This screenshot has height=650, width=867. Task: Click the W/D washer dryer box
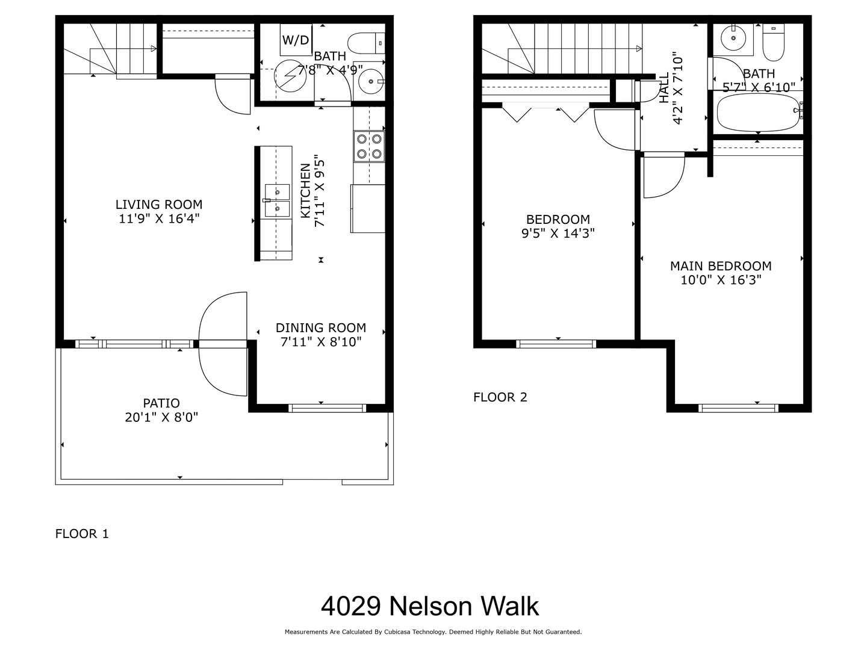tap(296, 40)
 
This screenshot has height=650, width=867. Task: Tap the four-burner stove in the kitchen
tap(369, 146)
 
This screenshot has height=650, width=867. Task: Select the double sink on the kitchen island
tap(277, 200)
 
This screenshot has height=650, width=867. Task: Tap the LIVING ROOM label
tap(159, 205)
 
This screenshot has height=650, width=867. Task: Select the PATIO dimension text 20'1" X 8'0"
tap(161, 417)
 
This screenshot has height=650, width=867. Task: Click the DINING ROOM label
tap(320, 328)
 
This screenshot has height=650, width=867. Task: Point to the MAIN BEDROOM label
tap(721, 266)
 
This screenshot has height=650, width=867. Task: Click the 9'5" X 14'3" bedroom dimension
tap(558, 234)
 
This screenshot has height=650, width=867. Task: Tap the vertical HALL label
tap(664, 88)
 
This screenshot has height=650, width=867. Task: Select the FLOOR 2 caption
tap(500, 397)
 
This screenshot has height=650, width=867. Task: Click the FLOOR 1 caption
tap(82, 534)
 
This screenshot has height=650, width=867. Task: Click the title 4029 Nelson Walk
tap(429, 606)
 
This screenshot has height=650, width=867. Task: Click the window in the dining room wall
tap(327, 408)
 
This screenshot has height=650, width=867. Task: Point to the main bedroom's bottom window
tap(738, 408)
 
